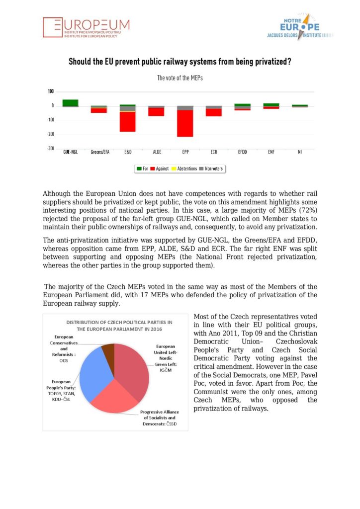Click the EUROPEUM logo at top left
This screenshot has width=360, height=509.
[x=86, y=28]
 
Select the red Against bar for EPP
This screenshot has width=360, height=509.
[x=185, y=123]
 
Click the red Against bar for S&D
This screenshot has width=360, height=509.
[x=128, y=122]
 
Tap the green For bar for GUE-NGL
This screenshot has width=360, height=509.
[x=70, y=103]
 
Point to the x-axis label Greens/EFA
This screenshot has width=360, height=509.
[x=99, y=152]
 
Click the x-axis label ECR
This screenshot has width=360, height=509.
[x=214, y=152]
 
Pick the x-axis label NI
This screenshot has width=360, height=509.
[x=300, y=152]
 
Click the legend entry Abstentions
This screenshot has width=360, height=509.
[x=183, y=169]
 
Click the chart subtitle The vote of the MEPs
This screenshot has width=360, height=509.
[x=180, y=78]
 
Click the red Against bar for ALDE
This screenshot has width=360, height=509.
[x=156, y=112]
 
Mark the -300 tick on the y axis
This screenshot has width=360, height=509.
[x=51, y=149]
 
